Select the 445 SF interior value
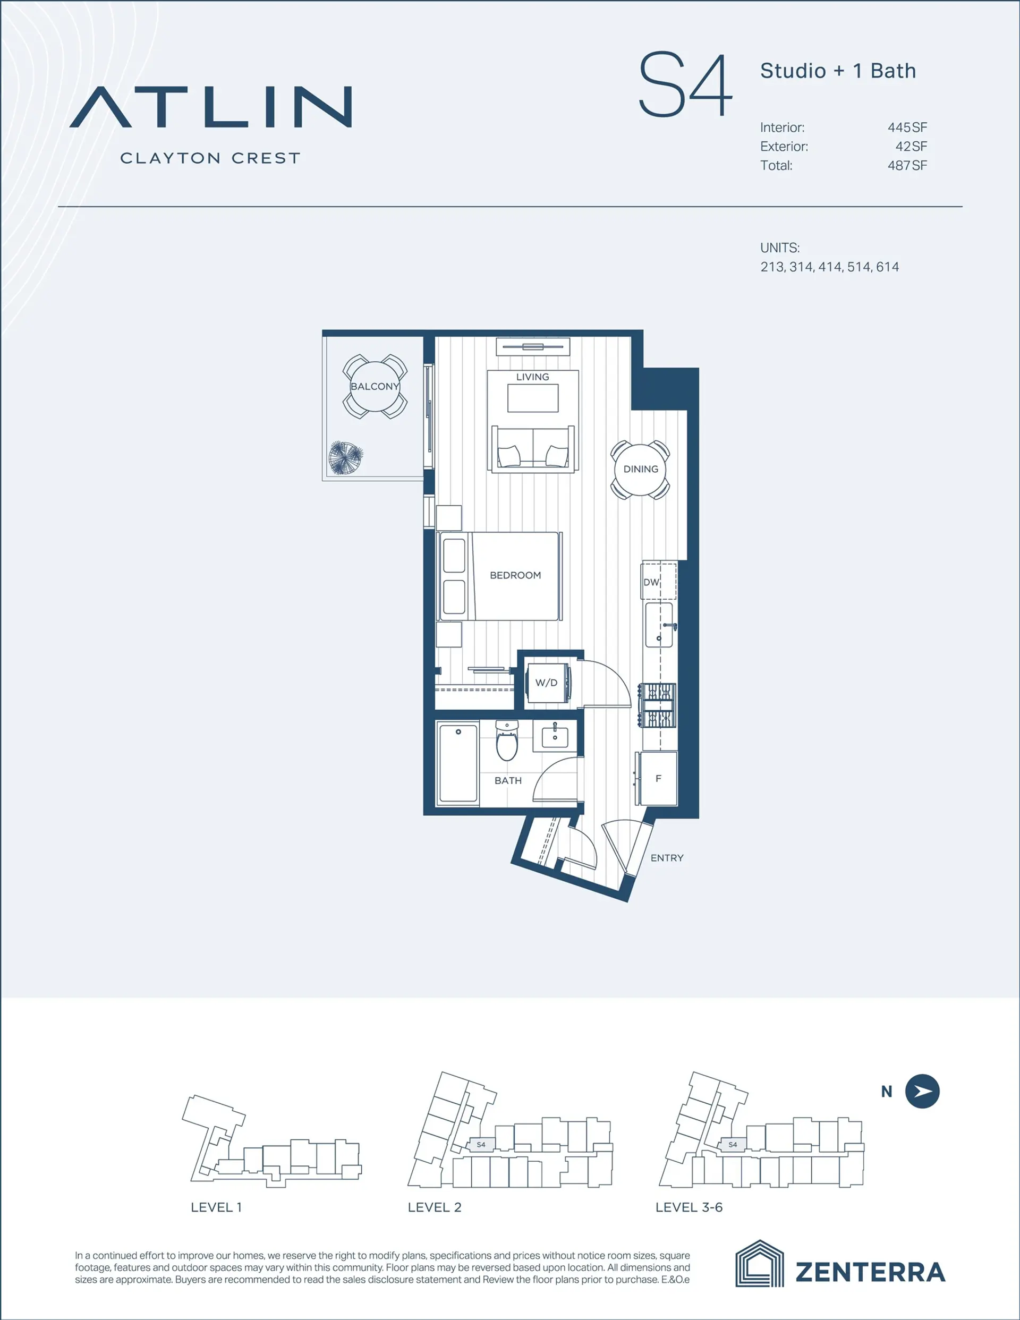click(907, 127)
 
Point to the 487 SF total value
click(907, 165)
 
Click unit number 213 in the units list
click(772, 267)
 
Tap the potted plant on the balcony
click(345, 458)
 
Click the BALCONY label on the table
click(375, 386)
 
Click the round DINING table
click(640, 469)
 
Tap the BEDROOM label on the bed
click(515, 575)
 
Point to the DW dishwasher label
click(651, 582)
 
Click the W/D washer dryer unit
click(547, 683)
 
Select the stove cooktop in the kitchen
click(658, 705)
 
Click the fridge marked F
click(658, 779)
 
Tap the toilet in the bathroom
click(507, 741)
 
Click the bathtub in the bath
click(458, 763)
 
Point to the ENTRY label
click(667, 858)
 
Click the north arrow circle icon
click(922, 1092)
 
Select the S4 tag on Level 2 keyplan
click(481, 1145)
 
